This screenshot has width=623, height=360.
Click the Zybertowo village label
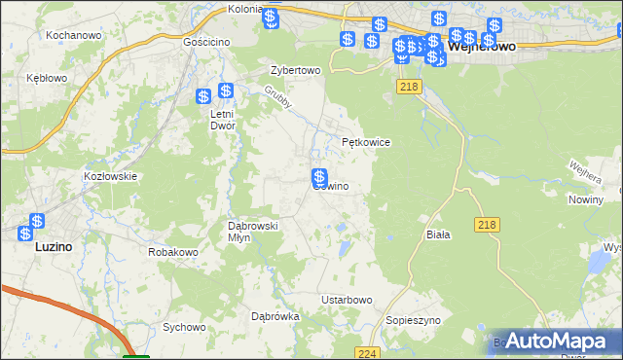[295, 71]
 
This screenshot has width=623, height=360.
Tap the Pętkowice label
[366, 142]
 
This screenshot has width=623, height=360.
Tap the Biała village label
[438, 234]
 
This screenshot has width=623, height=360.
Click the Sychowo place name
[184, 327]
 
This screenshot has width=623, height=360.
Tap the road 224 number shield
[366, 353]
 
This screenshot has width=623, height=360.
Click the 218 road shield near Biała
[489, 225]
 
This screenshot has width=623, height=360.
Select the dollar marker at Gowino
[318, 177]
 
